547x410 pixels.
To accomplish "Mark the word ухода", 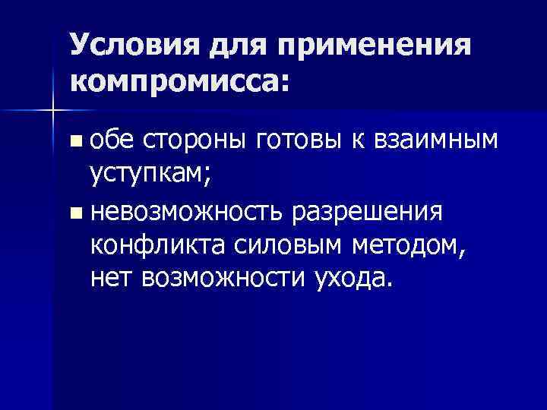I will (354, 281).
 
